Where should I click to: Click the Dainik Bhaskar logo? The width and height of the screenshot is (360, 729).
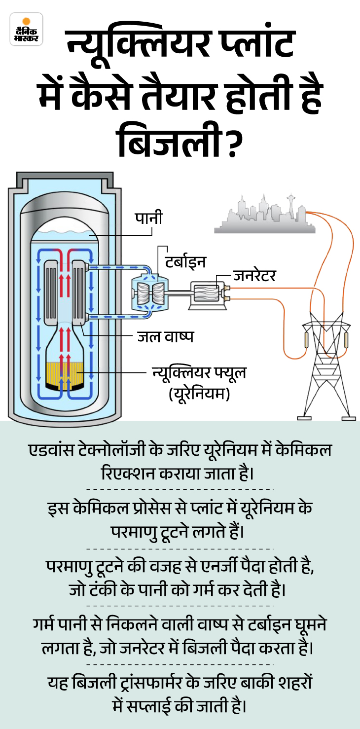click(x=26, y=29)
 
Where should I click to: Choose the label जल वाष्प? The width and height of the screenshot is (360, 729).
click(x=165, y=336)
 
